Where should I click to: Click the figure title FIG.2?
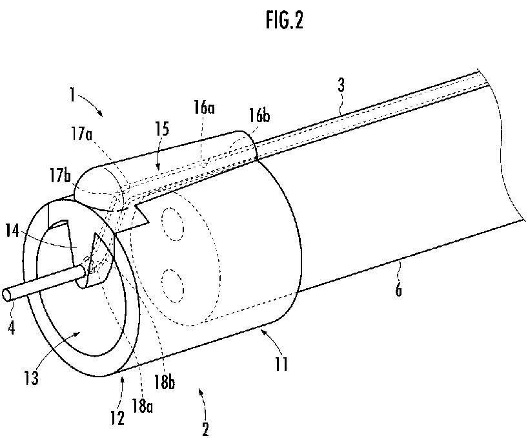point(284,20)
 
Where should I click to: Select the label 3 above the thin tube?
point(341,85)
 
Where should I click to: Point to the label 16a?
point(204,109)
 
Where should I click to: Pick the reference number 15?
point(162,129)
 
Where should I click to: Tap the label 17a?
point(81,134)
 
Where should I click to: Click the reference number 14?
point(12,231)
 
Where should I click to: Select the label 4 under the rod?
point(12,326)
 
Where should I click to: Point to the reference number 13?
point(32,377)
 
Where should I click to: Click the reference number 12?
point(117,417)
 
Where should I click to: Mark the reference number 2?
point(205,428)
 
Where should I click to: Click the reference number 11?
point(281,364)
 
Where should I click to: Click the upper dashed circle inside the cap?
point(173,224)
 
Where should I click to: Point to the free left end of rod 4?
point(6,295)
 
